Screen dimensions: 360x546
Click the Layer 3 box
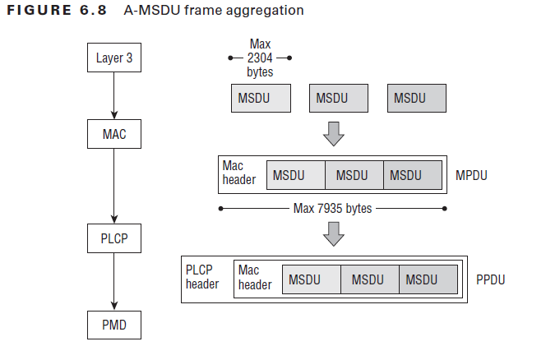tap(114, 58)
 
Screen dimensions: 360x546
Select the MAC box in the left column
tap(114, 132)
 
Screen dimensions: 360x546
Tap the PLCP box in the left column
tap(114, 240)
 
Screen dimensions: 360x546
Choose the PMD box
tap(114, 325)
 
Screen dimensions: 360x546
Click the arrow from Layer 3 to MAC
tap(114, 95)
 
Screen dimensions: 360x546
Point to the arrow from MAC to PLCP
tap(114, 186)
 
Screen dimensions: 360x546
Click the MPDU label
tap(472, 176)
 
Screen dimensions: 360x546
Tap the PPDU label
tap(490, 279)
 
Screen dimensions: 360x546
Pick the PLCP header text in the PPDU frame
tap(202, 277)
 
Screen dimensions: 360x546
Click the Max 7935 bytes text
tap(332, 209)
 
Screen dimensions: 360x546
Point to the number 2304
tap(260, 58)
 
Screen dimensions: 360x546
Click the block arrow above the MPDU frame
tap(333, 133)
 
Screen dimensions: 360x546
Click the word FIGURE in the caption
tap(38, 11)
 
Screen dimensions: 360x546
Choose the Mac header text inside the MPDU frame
tap(239, 173)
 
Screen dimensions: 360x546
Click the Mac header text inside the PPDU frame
tap(254, 277)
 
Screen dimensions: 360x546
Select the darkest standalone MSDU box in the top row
tap(416, 99)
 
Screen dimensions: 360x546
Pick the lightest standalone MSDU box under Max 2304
tap(260, 99)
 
